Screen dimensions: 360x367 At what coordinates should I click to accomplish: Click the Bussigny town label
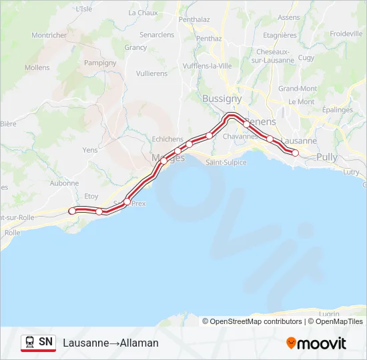(x=222, y=98)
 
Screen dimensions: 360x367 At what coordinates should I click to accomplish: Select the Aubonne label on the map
(x=64, y=183)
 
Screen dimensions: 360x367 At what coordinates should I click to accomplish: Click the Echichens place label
(x=167, y=139)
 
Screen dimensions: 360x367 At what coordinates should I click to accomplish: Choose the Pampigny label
(x=101, y=63)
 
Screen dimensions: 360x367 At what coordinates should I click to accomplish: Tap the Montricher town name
(x=49, y=35)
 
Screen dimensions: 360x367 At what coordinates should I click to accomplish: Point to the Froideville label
(x=346, y=33)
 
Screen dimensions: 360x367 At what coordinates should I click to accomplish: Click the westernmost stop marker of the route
(x=72, y=211)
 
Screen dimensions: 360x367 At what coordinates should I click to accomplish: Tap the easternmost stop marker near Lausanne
(x=296, y=153)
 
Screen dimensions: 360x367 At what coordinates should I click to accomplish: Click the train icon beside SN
(x=30, y=342)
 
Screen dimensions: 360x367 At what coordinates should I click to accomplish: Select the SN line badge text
(x=45, y=342)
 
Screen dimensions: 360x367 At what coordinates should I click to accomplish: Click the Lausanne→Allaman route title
(x=111, y=343)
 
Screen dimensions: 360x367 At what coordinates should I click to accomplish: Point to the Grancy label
(x=135, y=47)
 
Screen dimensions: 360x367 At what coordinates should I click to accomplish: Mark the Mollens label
(x=37, y=67)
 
